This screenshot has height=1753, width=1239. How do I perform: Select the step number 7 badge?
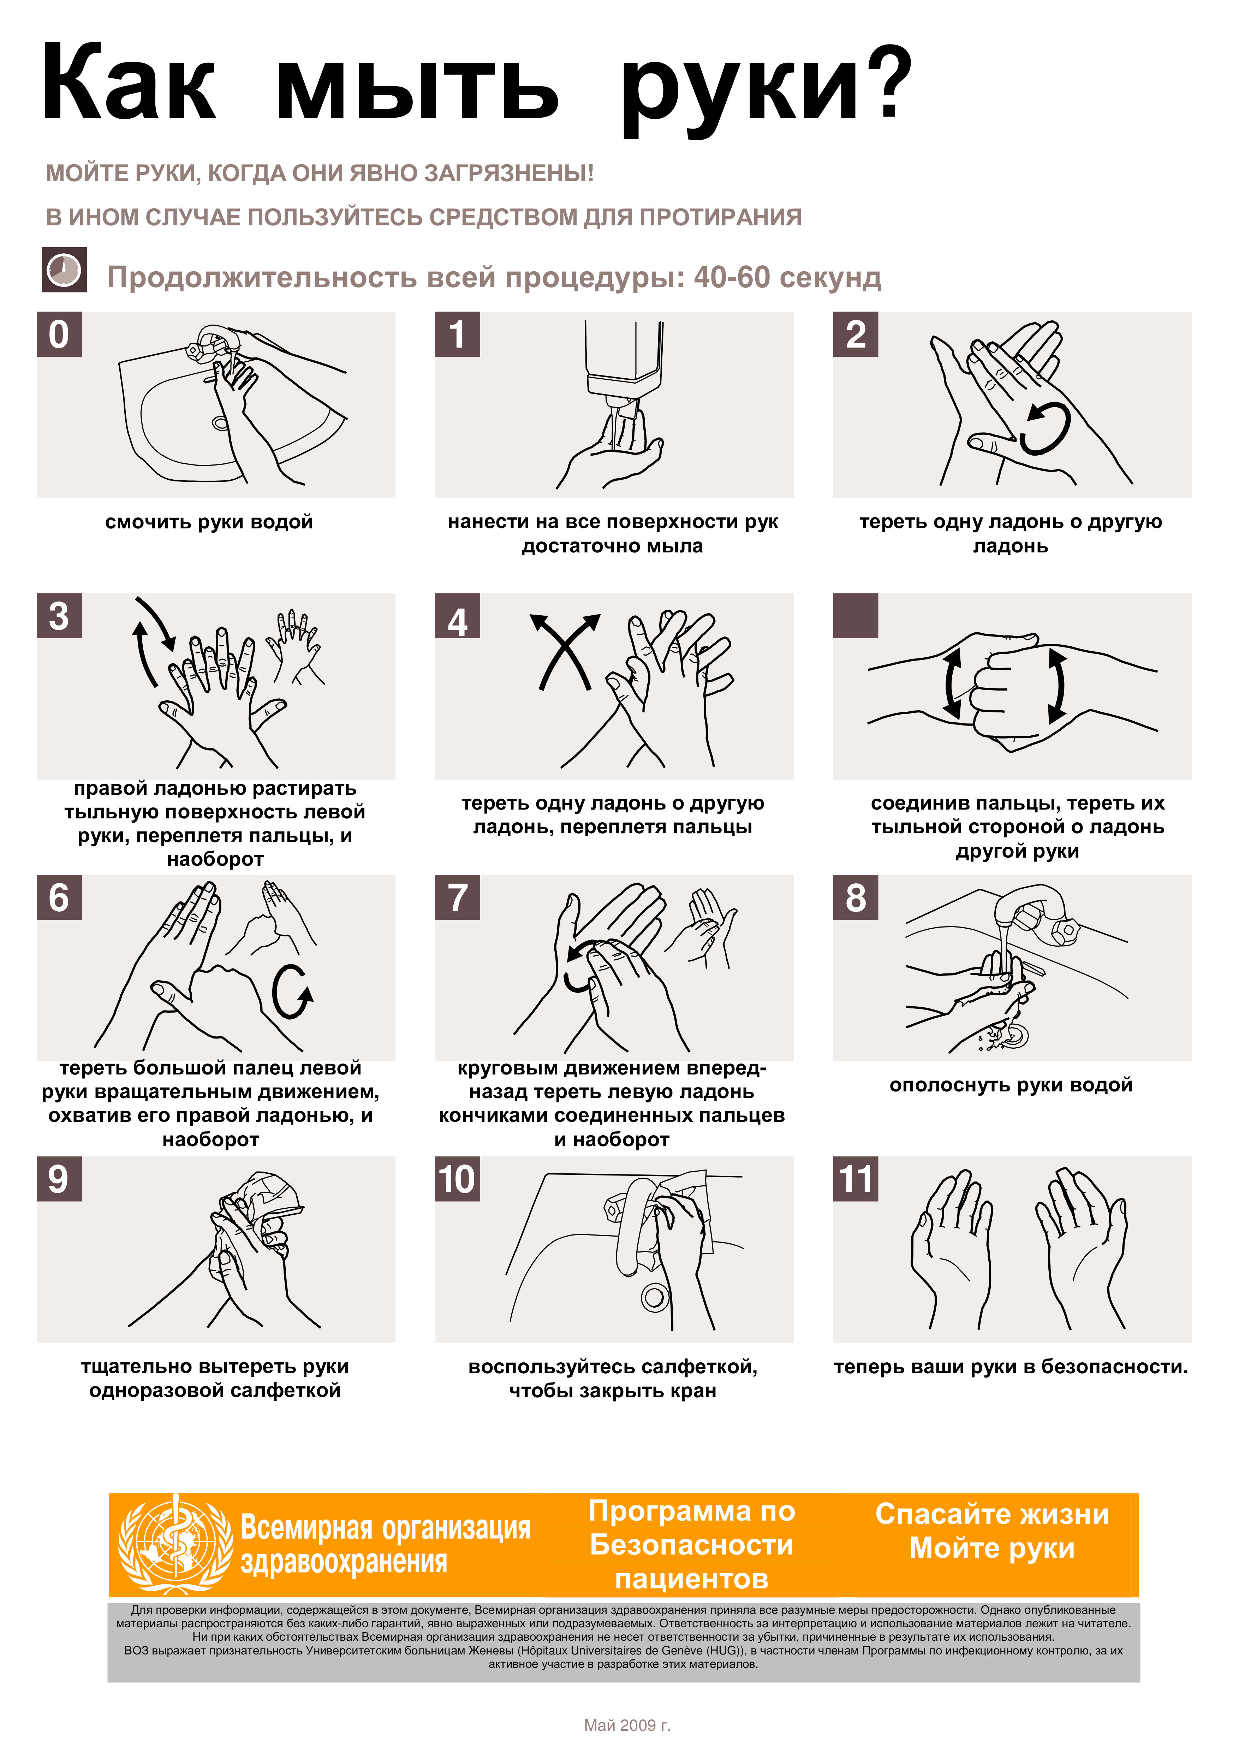(x=457, y=897)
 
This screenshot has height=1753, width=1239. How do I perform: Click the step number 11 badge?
(x=856, y=1179)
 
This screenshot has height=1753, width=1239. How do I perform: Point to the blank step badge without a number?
(x=856, y=615)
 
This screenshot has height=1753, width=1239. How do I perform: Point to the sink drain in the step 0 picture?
(x=221, y=422)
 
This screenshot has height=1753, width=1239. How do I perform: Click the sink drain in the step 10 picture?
(x=654, y=1296)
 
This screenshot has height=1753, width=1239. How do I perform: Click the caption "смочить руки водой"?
(x=209, y=522)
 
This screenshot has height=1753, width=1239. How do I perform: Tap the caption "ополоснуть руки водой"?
(x=1011, y=1085)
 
